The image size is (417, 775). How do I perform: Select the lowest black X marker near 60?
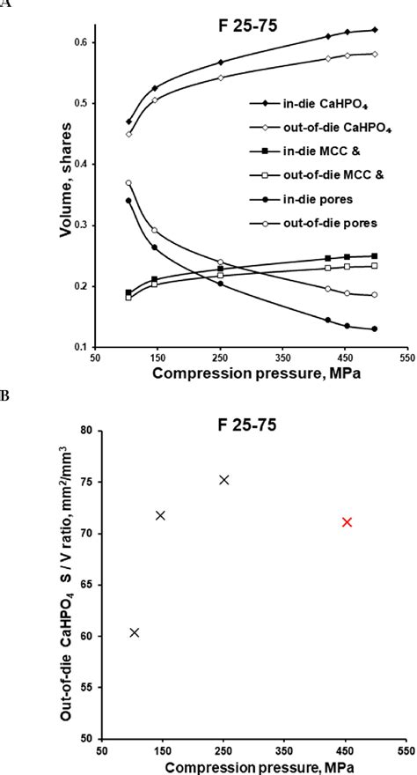coord(135,632)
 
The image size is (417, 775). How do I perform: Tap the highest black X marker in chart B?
coord(223,480)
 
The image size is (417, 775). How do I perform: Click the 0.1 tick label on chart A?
coord(83,347)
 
